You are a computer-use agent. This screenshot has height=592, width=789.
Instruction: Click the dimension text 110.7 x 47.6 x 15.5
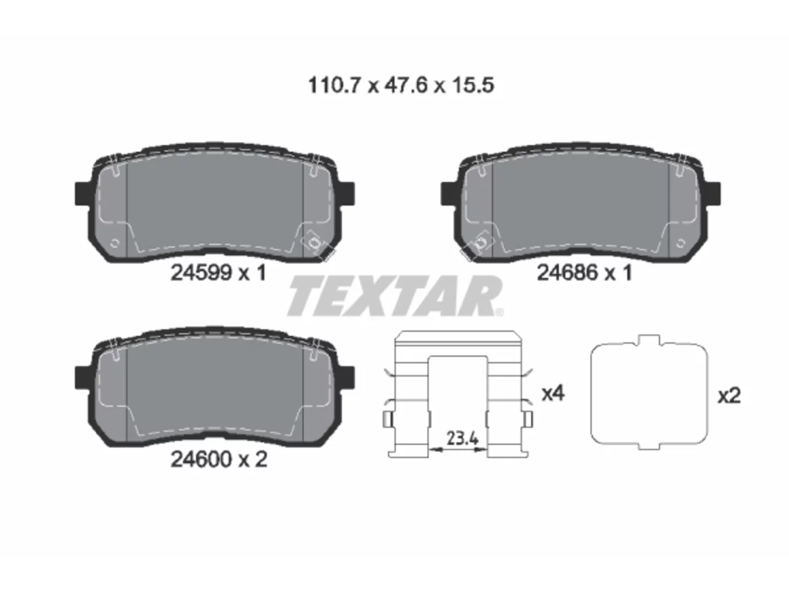click(x=401, y=86)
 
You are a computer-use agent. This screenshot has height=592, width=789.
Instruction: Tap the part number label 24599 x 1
click(x=218, y=273)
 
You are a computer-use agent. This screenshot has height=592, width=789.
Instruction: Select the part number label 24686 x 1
click(x=584, y=273)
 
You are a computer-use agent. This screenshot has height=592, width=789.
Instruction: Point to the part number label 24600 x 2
click(x=219, y=460)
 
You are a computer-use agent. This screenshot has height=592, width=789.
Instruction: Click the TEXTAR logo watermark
click(x=394, y=295)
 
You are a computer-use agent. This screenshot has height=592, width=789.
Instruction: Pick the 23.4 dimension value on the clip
click(x=462, y=438)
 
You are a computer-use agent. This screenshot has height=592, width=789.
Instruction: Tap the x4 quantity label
click(x=553, y=393)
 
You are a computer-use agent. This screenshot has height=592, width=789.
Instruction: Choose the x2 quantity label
click(x=729, y=396)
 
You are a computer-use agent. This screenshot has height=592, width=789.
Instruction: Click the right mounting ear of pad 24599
click(x=346, y=194)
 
